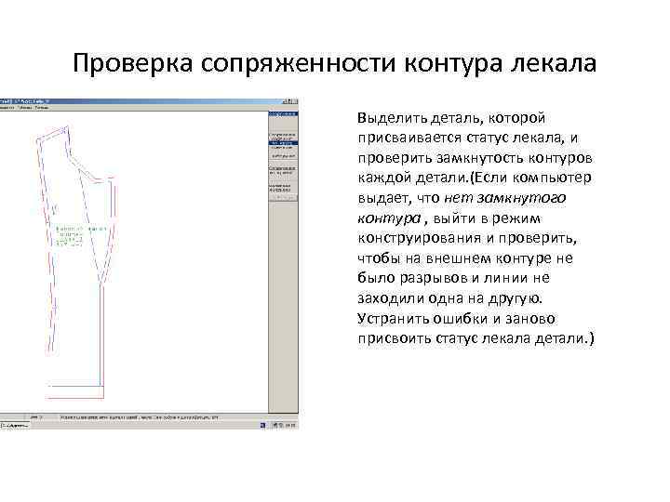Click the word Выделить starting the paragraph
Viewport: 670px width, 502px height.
click(388, 118)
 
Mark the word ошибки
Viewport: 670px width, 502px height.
click(463, 317)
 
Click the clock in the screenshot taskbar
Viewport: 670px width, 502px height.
click(289, 425)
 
